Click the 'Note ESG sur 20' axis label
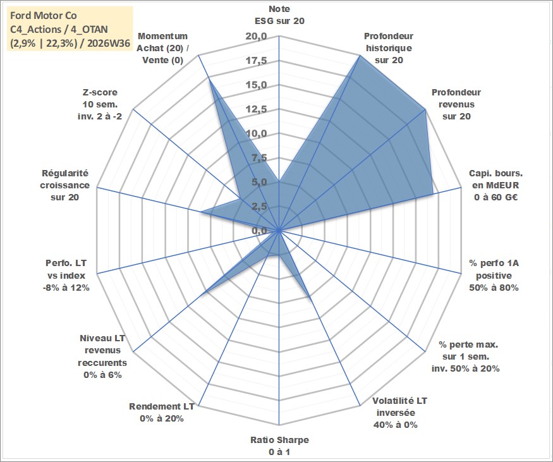click(x=279, y=15)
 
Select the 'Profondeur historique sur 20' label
click(x=389, y=48)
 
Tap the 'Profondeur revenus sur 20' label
click(x=456, y=104)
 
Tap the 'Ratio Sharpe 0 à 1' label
click(x=279, y=446)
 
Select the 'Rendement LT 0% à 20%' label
click(x=162, y=412)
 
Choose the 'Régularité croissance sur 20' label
click(x=64, y=185)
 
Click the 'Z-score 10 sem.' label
click(x=100, y=104)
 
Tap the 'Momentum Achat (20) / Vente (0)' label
click(x=162, y=48)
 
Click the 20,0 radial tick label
click(x=257, y=37)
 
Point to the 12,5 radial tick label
click(x=257, y=110)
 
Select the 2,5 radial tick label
click(x=259, y=207)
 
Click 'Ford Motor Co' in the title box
click(x=44, y=16)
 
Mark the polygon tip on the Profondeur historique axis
click(x=360, y=56)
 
